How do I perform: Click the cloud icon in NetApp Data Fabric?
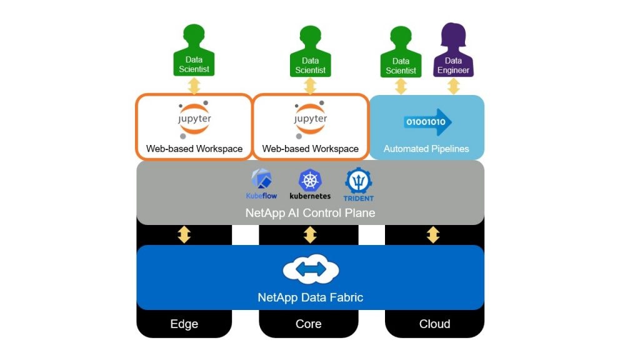(311, 269)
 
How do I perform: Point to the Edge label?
(184, 324)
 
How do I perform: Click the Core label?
(309, 324)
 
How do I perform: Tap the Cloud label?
(434, 324)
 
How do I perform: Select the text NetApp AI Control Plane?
(310, 212)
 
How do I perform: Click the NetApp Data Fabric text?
(310, 297)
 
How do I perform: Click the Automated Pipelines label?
(426, 149)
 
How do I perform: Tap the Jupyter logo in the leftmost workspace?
(194, 119)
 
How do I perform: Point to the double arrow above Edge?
(184, 235)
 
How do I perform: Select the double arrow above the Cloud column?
(433, 235)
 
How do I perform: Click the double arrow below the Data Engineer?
(453, 86)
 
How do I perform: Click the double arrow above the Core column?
(310, 235)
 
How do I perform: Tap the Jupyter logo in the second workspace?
(310, 119)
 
